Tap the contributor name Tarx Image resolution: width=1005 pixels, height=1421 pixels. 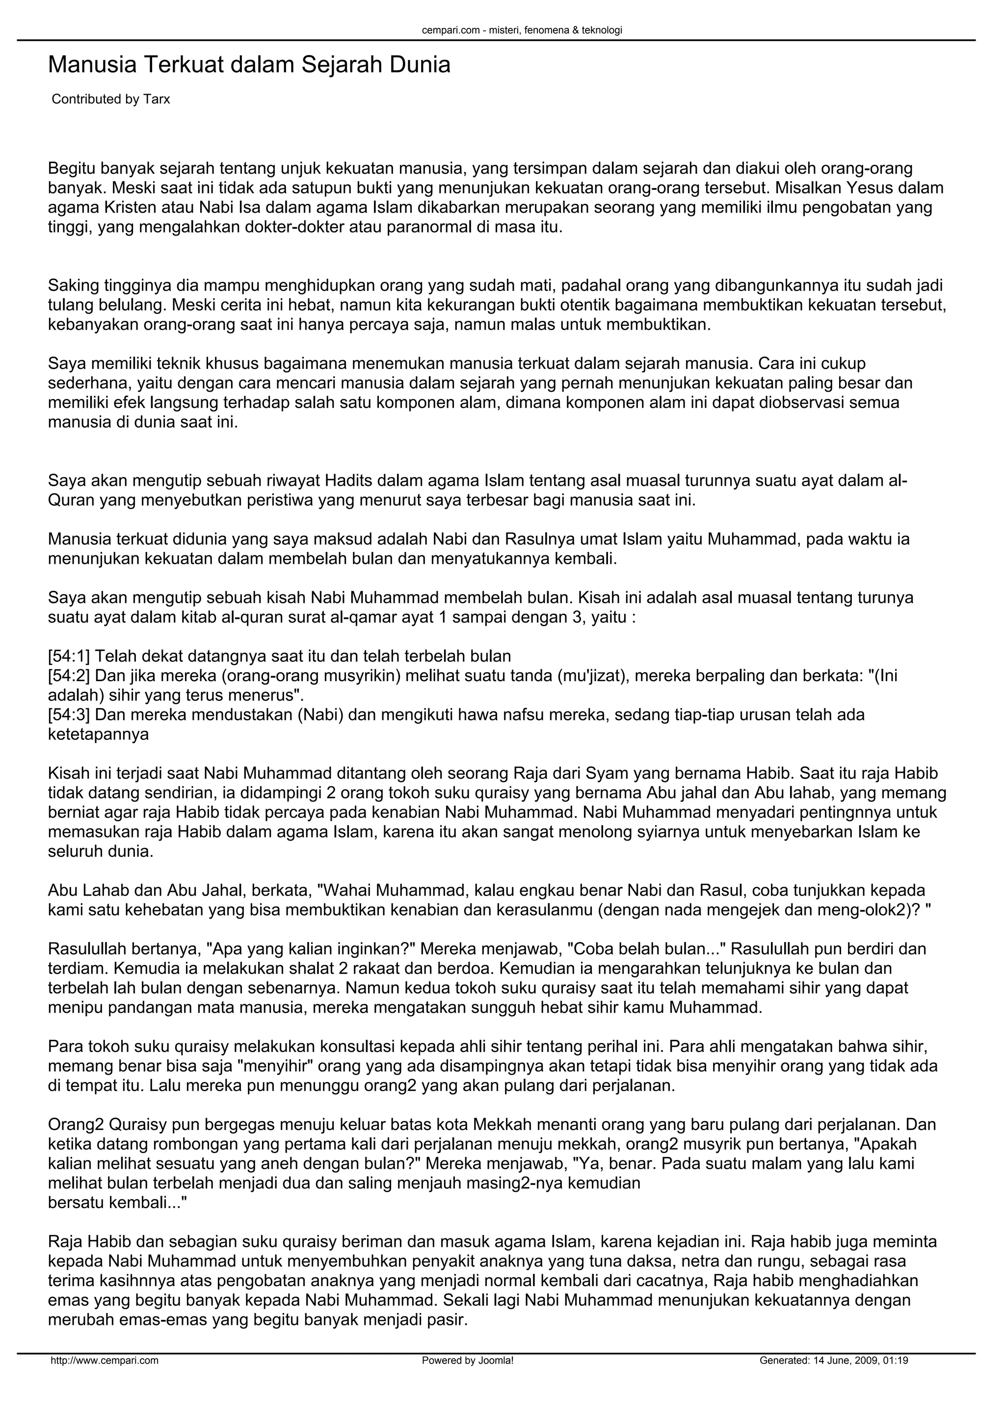tap(157, 99)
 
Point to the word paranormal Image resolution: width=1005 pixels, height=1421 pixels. tap(429, 227)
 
